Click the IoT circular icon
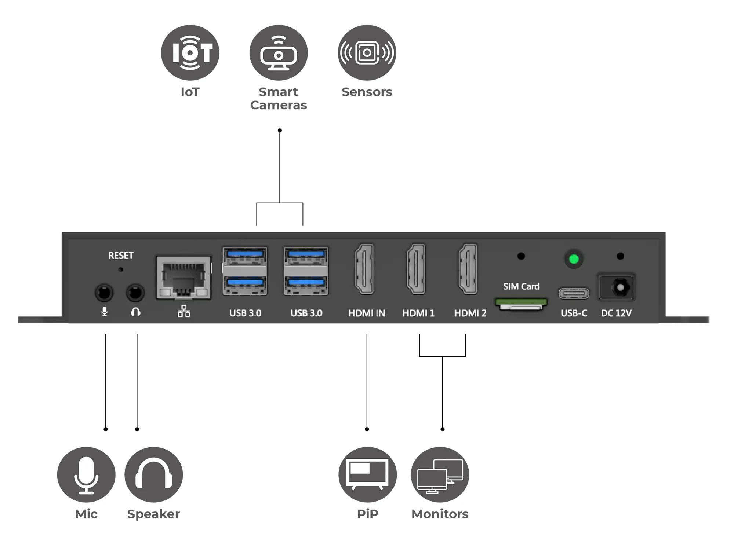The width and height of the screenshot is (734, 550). tap(190, 53)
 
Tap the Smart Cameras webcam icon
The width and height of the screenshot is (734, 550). tap(279, 53)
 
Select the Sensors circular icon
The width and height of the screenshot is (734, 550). tap(367, 53)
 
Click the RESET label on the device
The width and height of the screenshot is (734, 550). tap(121, 256)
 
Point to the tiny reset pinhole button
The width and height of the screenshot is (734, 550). tap(121, 269)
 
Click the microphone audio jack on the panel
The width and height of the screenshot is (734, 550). tap(104, 293)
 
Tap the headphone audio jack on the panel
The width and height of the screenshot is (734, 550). tap(135, 293)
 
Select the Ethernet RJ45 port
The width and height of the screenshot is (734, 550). tap(183, 278)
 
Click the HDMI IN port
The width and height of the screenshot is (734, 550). tap(364, 269)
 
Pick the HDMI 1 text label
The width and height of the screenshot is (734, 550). tap(418, 313)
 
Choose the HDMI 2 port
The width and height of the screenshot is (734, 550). tap(468, 269)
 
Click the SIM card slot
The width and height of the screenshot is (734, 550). tap(521, 304)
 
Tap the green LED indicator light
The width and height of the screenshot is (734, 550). tap(574, 259)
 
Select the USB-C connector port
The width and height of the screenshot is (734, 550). tap(574, 293)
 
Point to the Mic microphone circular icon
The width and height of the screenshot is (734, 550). tap(86, 474)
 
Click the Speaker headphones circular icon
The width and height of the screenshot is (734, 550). tap(154, 474)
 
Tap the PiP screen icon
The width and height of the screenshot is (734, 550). tap(367, 474)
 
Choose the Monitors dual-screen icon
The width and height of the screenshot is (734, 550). tap(440, 474)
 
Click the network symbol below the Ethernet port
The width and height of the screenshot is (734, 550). tap(184, 311)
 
